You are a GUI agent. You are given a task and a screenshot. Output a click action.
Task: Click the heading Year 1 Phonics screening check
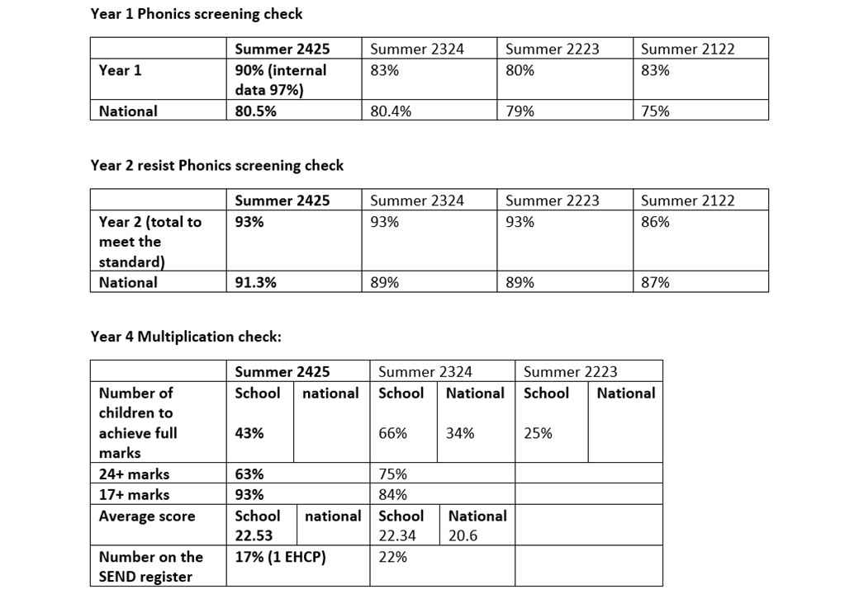click(x=197, y=14)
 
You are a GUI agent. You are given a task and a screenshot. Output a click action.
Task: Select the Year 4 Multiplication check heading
click(x=186, y=337)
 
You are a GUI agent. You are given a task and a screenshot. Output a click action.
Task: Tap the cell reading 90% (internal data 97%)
click(x=281, y=80)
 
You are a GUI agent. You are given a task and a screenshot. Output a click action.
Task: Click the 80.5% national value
click(x=255, y=111)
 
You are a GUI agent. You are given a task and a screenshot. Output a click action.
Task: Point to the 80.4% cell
click(x=391, y=111)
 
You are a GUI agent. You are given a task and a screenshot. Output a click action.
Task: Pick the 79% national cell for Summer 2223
click(x=520, y=111)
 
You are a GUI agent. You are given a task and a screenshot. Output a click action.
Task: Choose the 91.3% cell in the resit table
click(x=255, y=282)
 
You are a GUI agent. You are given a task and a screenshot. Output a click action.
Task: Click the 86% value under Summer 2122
click(x=655, y=222)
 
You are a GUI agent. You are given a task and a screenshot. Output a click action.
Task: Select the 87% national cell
click(x=655, y=282)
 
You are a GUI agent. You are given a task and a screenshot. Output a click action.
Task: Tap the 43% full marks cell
click(x=249, y=433)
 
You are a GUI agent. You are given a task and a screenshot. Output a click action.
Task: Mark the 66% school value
click(x=392, y=433)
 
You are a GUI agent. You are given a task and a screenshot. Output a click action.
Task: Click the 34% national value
click(x=460, y=433)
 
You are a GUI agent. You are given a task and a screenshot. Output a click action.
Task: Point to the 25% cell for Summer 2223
click(x=538, y=433)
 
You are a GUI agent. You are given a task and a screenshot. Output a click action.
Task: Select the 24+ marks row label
click(x=134, y=474)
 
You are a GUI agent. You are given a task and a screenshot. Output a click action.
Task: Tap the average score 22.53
click(x=254, y=535)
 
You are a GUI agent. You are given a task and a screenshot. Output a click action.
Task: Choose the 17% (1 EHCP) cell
click(x=280, y=557)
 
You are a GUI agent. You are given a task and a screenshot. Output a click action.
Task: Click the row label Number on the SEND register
click(x=150, y=567)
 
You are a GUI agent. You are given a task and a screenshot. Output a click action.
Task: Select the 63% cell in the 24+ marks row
click(x=249, y=474)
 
